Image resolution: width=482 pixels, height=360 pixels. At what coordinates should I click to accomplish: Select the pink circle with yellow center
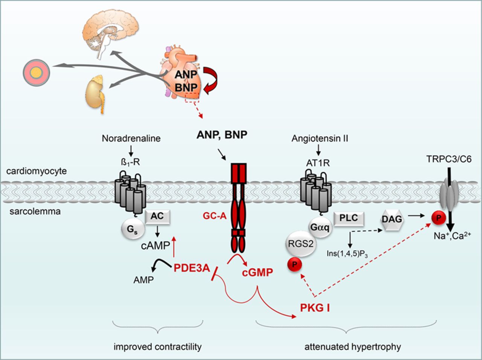36,73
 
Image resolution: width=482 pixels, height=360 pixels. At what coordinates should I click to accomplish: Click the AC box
157,216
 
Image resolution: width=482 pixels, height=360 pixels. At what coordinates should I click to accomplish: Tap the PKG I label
315,308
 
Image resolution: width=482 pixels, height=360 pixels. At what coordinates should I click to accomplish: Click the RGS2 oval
300,244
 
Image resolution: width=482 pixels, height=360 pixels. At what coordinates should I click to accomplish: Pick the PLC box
348,218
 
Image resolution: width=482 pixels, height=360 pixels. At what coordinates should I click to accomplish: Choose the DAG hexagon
392,219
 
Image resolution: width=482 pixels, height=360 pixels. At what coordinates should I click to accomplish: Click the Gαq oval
320,227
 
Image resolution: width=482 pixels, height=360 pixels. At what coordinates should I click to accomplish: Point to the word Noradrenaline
131,138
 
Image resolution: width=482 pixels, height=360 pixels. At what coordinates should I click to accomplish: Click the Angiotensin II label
320,138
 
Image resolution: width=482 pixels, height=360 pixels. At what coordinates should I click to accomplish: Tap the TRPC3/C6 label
449,159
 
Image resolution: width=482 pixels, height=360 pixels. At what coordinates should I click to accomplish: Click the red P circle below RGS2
294,264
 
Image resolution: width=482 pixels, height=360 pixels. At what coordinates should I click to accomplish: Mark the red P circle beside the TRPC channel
438,218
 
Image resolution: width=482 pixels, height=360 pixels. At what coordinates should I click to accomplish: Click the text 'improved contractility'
157,346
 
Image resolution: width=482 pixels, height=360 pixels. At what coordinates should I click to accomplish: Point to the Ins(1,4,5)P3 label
347,253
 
